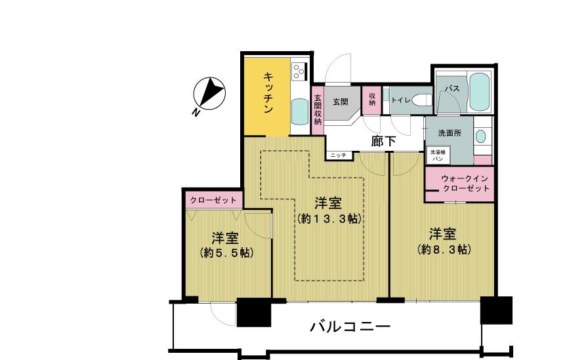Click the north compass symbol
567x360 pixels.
[209, 94]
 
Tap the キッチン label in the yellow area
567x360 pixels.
[268, 93]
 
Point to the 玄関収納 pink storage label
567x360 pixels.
[318, 110]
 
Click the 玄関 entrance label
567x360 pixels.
[341, 102]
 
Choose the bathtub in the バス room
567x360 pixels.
[479, 92]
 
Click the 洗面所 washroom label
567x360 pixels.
[450, 133]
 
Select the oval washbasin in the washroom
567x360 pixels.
[480, 136]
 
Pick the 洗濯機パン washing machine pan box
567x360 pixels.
[438, 155]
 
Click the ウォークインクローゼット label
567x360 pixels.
[465, 184]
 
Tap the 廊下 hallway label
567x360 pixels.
[384, 141]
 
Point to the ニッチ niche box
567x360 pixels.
[338, 155]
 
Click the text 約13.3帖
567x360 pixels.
[329, 218]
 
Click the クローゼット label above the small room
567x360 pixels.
[213, 200]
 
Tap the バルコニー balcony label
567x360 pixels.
[350, 327]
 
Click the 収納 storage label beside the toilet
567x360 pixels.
[372, 100]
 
